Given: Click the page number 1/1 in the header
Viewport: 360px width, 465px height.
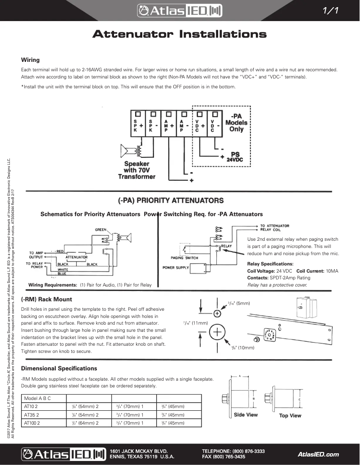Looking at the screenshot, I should (x=334, y=11).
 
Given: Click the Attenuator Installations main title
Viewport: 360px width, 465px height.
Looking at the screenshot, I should (x=179, y=35).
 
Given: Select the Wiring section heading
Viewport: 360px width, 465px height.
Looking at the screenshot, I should (x=31, y=60).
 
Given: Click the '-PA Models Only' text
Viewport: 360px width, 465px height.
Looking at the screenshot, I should (x=236, y=122).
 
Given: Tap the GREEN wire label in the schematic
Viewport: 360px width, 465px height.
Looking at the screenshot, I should (x=101, y=230).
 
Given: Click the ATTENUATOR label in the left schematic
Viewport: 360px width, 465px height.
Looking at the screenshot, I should (x=76, y=257).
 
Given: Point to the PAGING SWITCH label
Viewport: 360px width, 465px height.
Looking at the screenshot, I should (x=184, y=258).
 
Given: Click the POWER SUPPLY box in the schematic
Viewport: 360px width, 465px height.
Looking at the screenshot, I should (x=176, y=268).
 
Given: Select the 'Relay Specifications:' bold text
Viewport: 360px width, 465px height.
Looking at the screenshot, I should (x=270, y=264).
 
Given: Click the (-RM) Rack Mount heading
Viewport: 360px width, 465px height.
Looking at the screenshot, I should (x=47, y=299).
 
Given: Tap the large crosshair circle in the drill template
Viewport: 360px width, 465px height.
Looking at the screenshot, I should (x=217, y=332).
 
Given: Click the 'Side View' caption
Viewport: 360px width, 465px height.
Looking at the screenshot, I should (x=246, y=415).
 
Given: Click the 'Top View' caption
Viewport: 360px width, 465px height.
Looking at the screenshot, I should (x=290, y=416).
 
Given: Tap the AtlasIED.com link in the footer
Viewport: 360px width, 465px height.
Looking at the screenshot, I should (x=318, y=454).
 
